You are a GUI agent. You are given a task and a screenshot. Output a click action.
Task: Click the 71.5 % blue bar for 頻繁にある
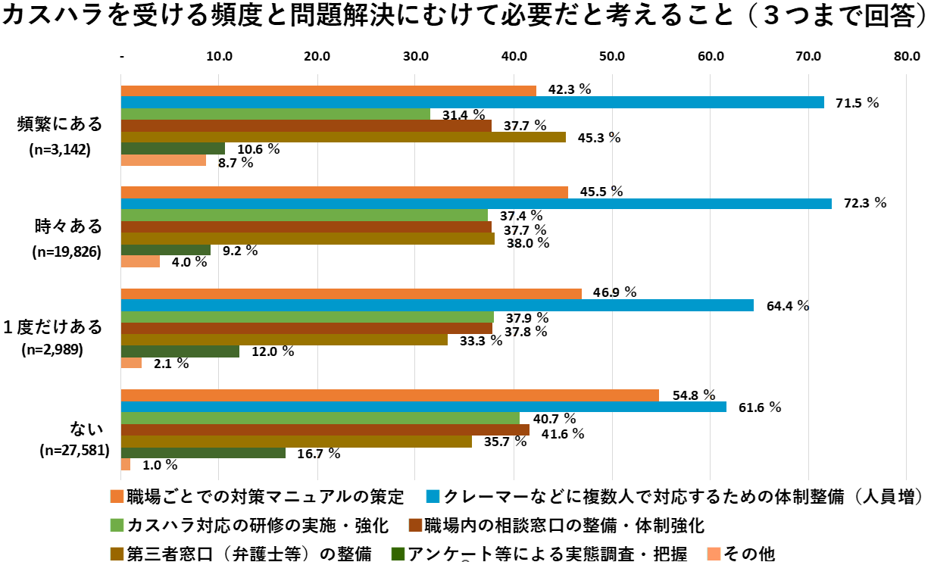tap(472, 102)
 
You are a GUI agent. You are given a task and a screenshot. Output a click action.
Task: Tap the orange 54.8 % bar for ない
tap(389, 395)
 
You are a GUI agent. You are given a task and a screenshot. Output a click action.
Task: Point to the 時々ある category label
tap(67, 226)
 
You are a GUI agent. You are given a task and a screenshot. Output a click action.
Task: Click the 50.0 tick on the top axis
tap(611, 56)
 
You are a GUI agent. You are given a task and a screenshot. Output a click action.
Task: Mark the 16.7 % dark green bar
tap(203, 452)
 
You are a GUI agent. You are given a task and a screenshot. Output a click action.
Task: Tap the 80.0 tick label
tap(906, 56)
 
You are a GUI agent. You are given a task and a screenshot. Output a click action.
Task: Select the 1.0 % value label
tap(161, 465)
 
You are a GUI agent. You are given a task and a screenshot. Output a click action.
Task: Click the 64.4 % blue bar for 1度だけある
tap(437, 305)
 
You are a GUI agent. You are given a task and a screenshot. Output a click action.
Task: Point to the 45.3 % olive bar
tap(343, 137)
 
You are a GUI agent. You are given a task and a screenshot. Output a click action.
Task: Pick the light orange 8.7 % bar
tap(164, 161)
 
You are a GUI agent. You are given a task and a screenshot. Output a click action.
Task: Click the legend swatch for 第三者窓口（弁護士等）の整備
tap(116, 554)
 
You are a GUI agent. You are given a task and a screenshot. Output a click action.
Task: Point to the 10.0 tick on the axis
tap(219, 56)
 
